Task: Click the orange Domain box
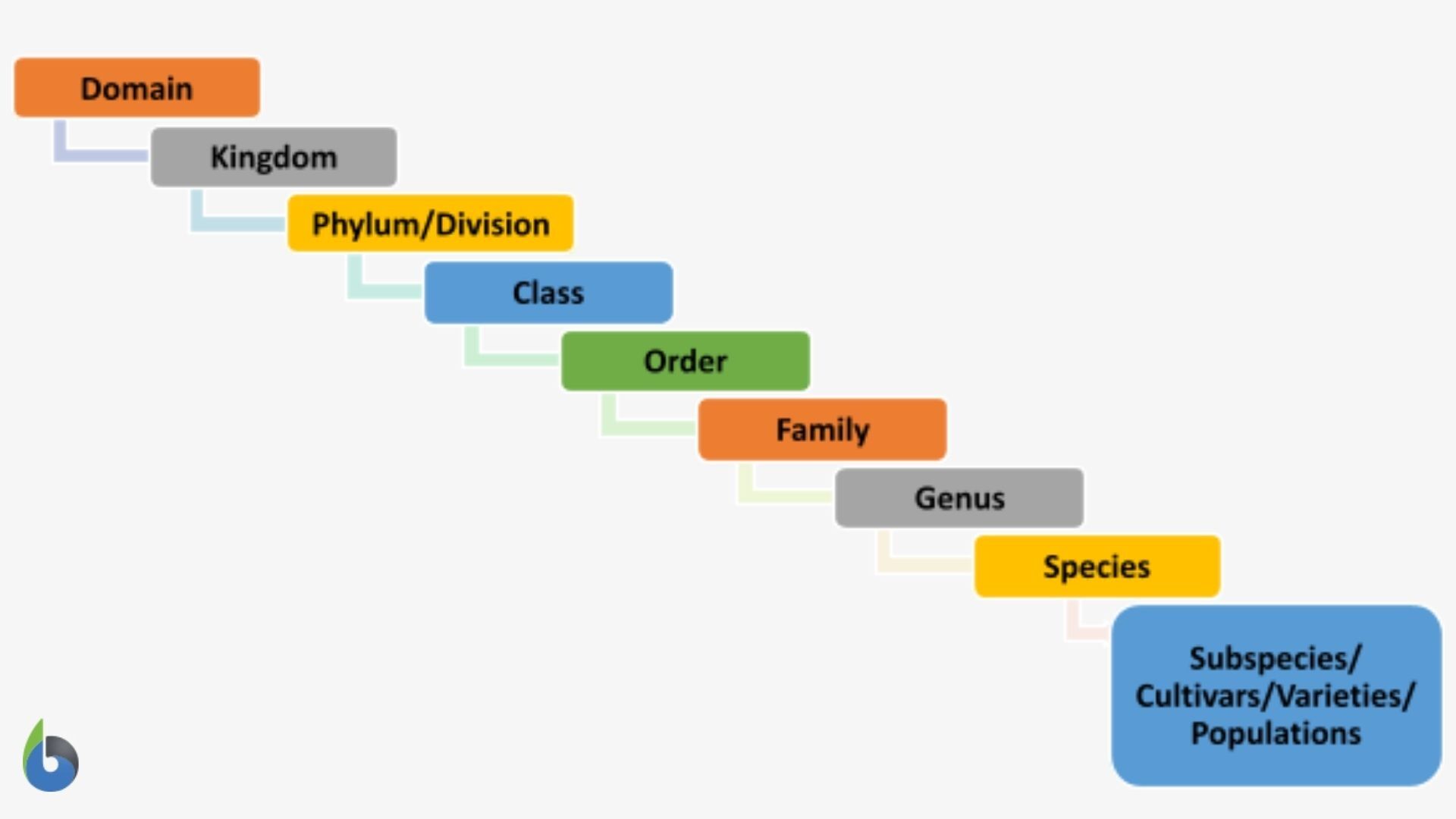coord(136,87)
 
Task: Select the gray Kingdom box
coord(273,157)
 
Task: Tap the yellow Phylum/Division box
coord(430,224)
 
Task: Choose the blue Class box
coord(548,293)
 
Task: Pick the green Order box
coord(686,361)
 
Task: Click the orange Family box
coord(822,429)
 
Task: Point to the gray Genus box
coord(959,497)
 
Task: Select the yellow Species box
coord(1097,566)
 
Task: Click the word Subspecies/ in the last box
coord(1276,658)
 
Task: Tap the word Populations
coord(1276,733)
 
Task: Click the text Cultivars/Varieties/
coord(1276,695)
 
